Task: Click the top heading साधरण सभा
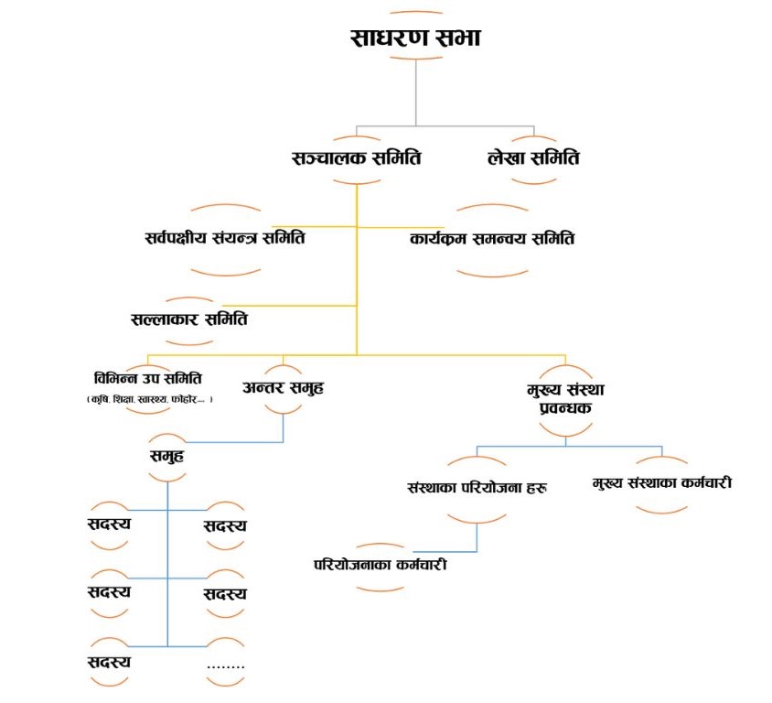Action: [x=416, y=38]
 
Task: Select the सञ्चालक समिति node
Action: [x=356, y=157]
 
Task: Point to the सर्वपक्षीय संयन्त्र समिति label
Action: [x=224, y=240]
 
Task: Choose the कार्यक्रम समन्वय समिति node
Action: [x=492, y=240]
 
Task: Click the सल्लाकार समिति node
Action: [x=189, y=319]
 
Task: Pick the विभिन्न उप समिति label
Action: [x=147, y=379]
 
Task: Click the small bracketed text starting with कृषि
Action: [x=148, y=399]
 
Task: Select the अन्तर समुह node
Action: [x=283, y=386]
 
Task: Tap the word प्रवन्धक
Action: [x=565, y=406]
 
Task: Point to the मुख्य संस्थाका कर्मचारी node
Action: [x=662, y=482]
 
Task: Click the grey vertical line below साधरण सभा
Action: [x=416, y=92]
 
